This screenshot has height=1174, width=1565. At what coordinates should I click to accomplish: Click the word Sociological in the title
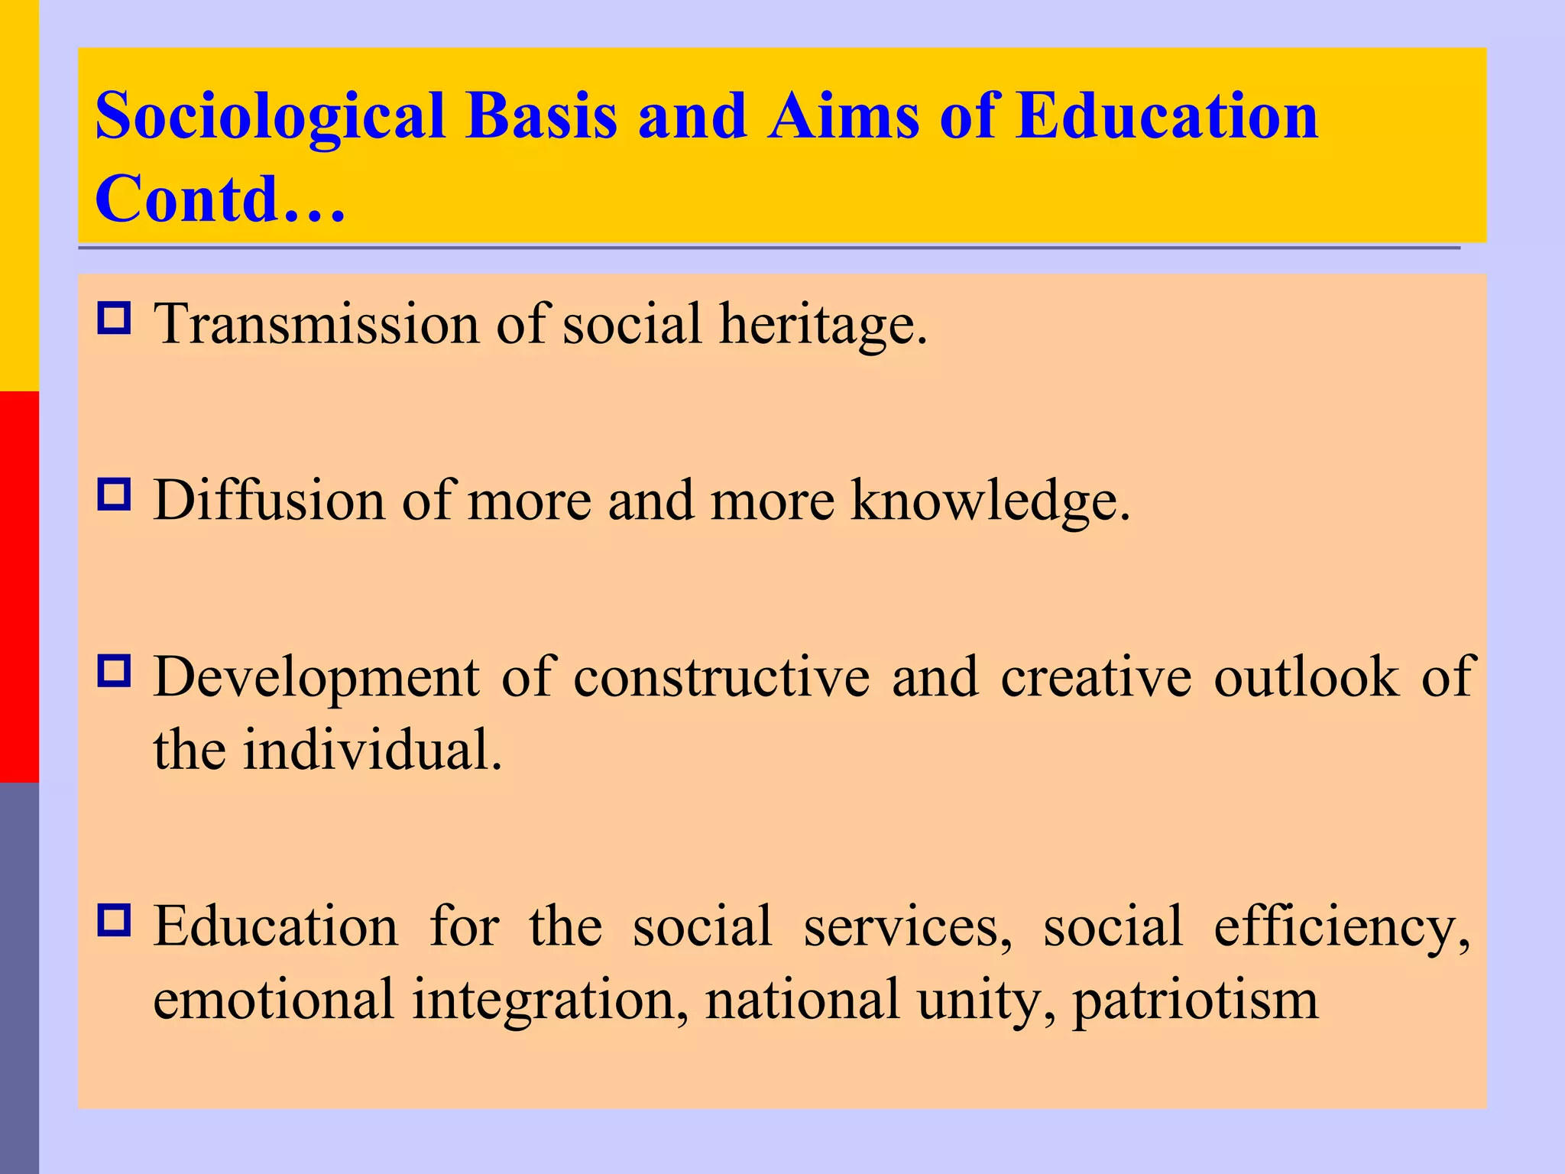pyautogui.click(x=270, y=117)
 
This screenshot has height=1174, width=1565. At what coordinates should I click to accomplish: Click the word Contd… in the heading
pyautogui.click(x=220, y=199)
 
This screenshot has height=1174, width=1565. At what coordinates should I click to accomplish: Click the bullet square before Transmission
pyautogui.click(x=114, y=318)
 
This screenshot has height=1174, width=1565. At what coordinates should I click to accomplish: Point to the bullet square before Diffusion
pyautogui.click(x=114, y=495)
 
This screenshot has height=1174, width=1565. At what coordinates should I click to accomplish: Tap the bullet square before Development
pyautogui.click(x=114, y=670)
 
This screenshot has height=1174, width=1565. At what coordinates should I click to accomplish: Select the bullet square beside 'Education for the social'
pyautogui.click(x=114, y=920)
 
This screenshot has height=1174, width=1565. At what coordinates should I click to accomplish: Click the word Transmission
pyautogui.click(x=317, y=324)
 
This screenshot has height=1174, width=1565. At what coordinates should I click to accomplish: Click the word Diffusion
pyautogui.click(x=269, y=501)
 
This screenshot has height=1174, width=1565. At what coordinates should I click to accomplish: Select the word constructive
pyautogui.click(x=721, y=677)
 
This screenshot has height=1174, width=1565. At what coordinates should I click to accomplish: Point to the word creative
pyautogui.click(x=1096, y=677)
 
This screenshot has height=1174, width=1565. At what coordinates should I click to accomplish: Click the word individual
pyautogui.click(x=372, y=750)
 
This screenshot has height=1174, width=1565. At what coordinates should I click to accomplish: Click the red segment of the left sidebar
pyautogui.click(x=19, y=586)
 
